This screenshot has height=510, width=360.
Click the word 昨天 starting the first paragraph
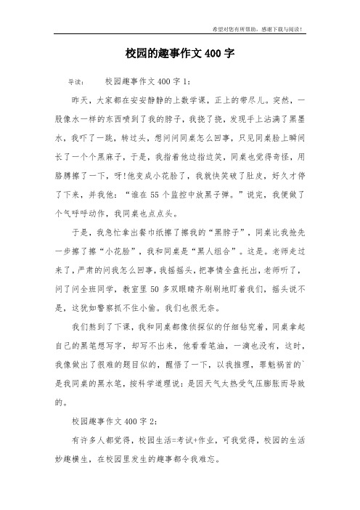[x=78, y=100]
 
